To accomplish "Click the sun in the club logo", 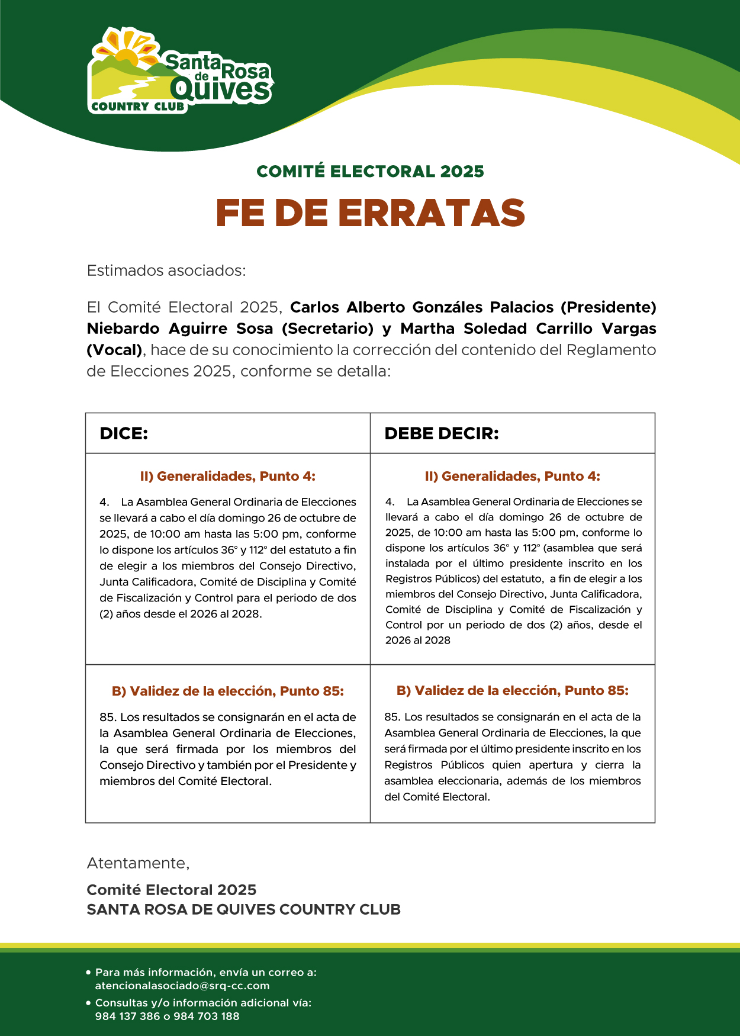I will (x=126, y=54).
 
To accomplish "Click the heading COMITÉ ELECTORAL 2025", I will (x=370, y=172).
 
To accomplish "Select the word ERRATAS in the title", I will (x=432, y=213).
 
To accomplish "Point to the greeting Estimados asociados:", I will (x=166, y=271).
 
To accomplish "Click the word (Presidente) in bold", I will (x=608, y=307).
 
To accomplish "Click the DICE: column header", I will (x=124, y=433).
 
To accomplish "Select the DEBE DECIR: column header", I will (x=442, y=433).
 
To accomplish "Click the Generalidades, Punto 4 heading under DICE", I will (x=228, y=476).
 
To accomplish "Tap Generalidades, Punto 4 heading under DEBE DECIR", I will (x=513, y=476).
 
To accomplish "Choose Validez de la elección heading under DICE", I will (x=228, y=691).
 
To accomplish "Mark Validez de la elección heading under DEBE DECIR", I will (x=513, y=690).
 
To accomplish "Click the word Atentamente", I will (x=138, y=863).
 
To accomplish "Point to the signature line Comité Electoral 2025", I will (x=172, y=890).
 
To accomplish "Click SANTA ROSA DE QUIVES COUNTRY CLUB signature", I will (x=244, y=909).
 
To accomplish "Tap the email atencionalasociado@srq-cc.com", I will (x=182, y=986).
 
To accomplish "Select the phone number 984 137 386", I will (x=128, y=1016).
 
